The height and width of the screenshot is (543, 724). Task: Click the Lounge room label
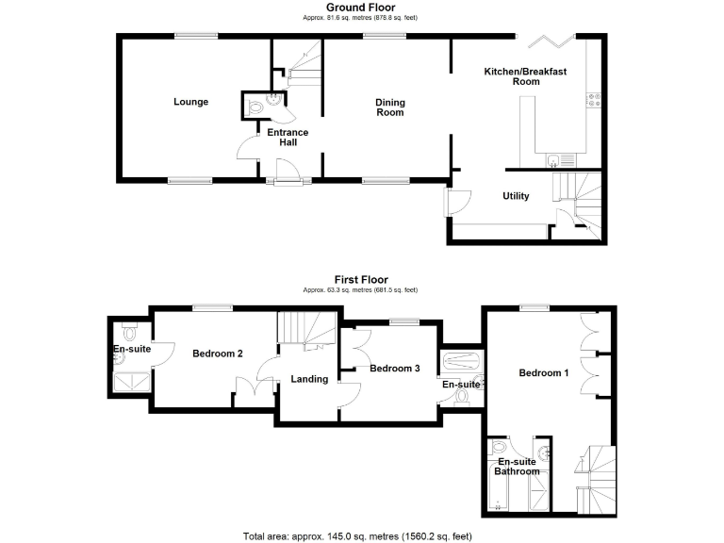(190, 102)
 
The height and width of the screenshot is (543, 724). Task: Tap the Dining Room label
(389, 107)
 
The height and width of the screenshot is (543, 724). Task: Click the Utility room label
(516, 196)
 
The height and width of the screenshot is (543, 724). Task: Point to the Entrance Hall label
(288, 139)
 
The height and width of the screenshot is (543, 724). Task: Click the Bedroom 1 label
(544, 373)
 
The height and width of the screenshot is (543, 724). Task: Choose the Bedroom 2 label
(218, 354)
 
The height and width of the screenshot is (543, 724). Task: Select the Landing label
(309, 379)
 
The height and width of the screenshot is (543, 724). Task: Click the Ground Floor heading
(361, 8)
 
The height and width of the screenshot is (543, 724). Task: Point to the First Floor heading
(361, 280)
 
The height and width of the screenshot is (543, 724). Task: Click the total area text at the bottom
(361, 535)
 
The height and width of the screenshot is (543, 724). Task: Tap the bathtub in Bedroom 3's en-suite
(462, 360)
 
